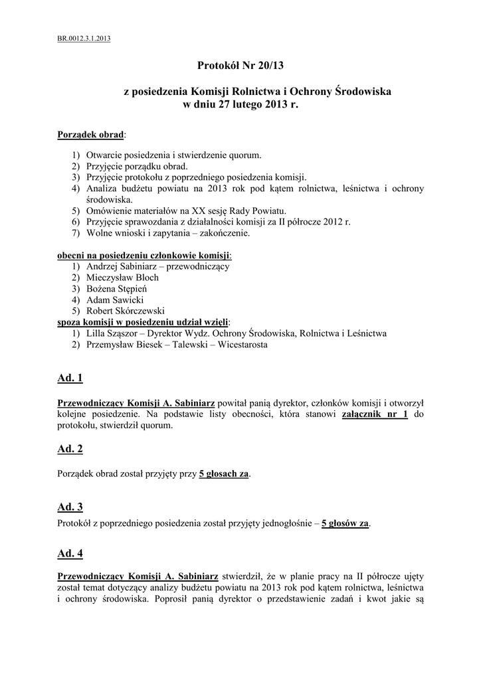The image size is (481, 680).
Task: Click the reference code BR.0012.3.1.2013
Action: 84,39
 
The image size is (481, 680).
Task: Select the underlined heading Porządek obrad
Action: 91,134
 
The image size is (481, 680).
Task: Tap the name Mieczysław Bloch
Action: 122,278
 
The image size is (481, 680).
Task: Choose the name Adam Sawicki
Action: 110,300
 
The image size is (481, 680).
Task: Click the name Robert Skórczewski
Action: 126,311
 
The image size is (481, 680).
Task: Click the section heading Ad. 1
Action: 70,379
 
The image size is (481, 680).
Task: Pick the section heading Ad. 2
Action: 70,449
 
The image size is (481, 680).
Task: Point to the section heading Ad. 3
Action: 70,507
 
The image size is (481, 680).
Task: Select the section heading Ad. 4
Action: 70,553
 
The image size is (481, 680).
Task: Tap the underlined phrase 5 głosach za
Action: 224,473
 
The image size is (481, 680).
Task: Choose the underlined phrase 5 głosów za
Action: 345,523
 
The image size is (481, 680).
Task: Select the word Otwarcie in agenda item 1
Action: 105,155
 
